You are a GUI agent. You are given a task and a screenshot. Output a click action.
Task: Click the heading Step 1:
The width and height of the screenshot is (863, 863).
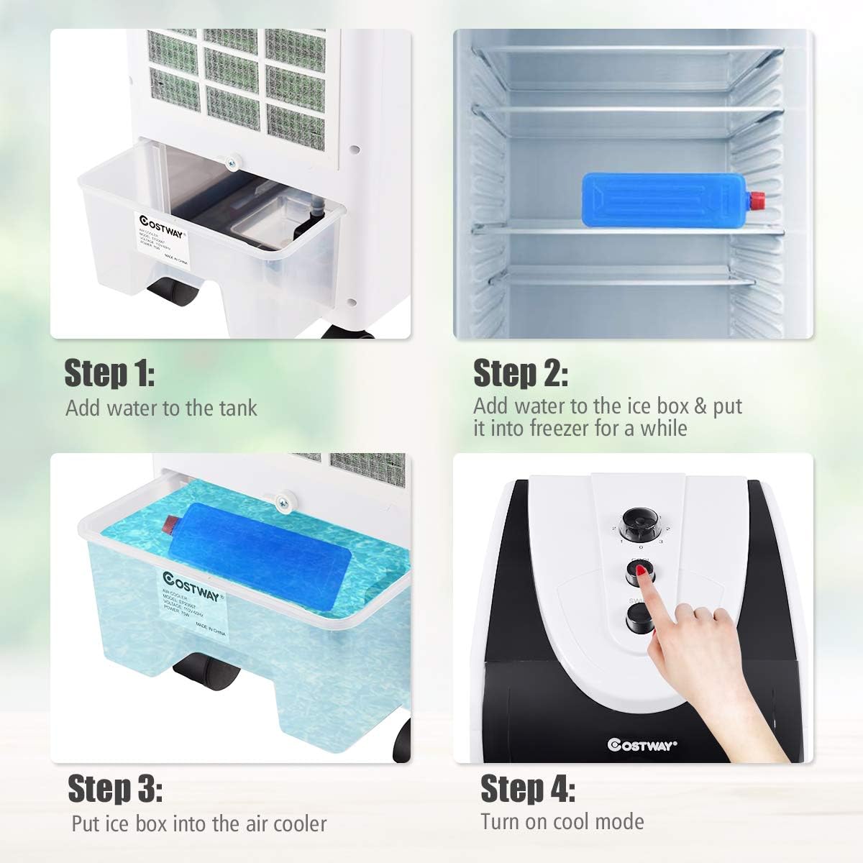click(109, 374)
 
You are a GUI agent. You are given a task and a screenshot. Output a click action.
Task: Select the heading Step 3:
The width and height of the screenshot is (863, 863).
click(114, 789)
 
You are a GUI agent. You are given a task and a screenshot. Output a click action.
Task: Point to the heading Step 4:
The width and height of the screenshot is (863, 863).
click(527, 789)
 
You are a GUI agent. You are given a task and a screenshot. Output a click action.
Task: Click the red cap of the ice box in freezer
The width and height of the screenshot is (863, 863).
click(757, 198)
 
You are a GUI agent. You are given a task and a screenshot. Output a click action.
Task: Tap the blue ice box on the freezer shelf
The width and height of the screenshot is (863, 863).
click(662, 195)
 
